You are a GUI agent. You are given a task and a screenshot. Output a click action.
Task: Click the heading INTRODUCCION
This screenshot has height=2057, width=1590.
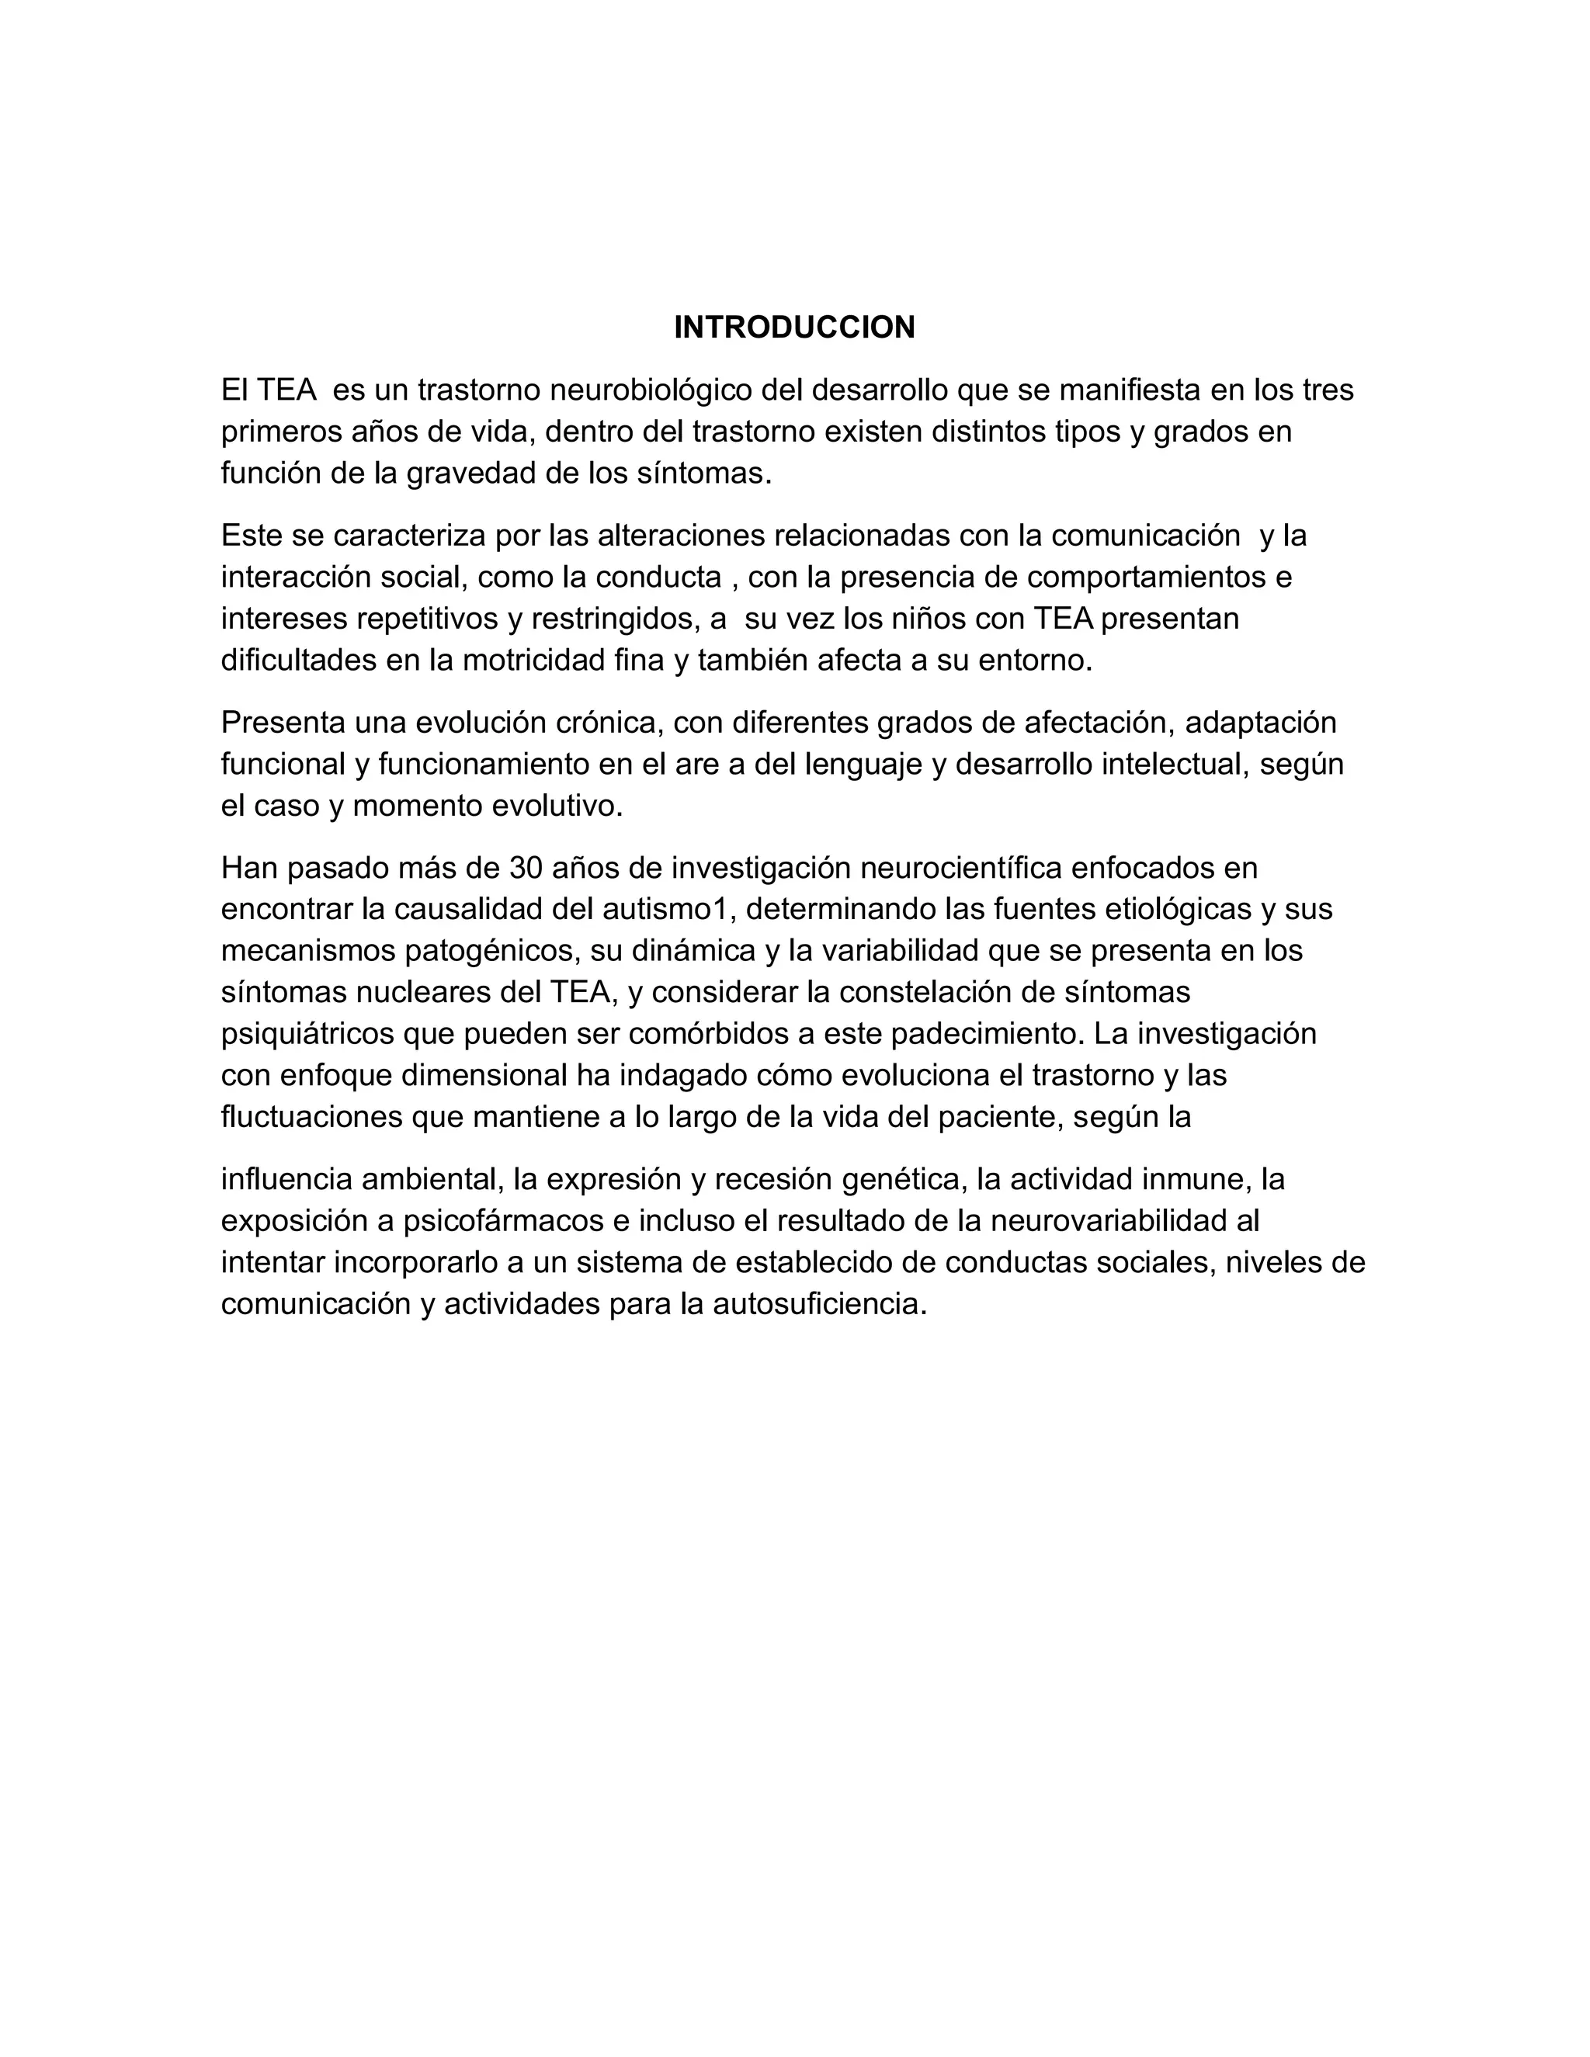pyautogui.click(x=794, y=328)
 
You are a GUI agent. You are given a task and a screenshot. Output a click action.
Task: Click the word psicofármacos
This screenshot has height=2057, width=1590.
pyautogui.click(x=503, y=1221)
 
